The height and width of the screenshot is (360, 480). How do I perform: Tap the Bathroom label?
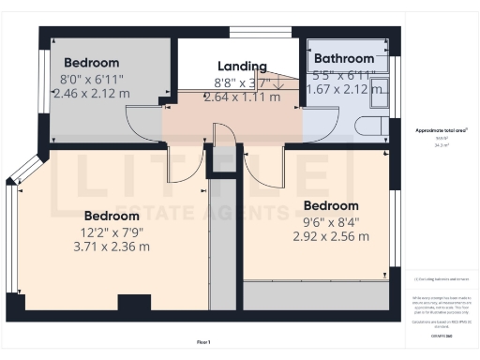344,58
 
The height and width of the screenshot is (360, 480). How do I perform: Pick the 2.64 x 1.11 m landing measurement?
243,97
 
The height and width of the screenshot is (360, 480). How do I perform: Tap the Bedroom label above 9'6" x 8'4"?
330,205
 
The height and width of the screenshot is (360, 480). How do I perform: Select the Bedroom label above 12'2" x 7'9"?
112,215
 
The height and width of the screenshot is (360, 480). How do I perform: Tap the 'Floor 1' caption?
203,341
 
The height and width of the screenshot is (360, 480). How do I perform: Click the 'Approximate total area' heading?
441,130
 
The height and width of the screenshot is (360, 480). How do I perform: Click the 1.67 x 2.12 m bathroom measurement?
343,89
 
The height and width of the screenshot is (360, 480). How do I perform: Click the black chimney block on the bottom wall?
133,303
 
